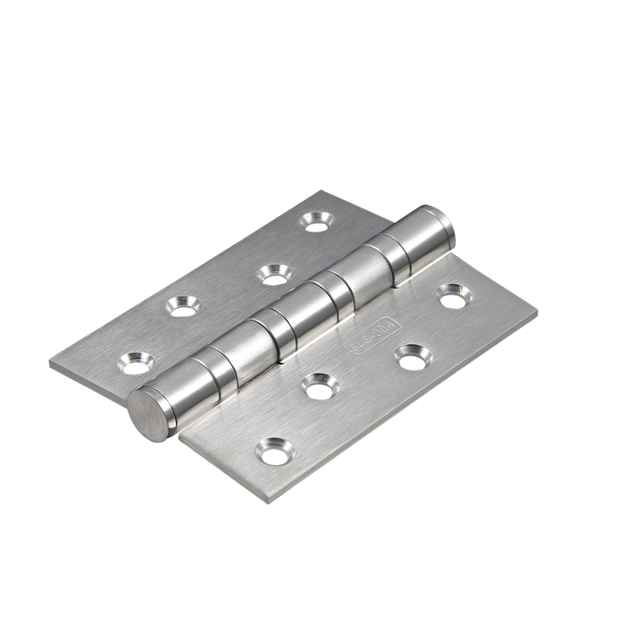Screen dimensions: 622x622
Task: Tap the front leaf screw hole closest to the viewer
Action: coord(274,452)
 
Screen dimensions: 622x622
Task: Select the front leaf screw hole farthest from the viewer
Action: coord(452,297)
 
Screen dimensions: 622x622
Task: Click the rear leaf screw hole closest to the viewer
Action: coord(135,364)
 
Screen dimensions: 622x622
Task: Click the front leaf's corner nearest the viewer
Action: coord(267,501)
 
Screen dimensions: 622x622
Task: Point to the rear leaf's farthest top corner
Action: coord(322,192)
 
